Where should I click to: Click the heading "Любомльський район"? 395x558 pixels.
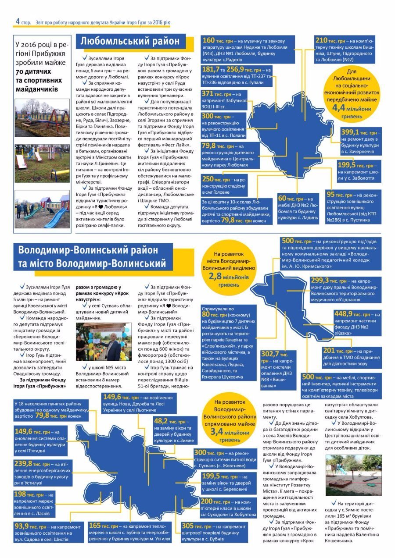129,41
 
